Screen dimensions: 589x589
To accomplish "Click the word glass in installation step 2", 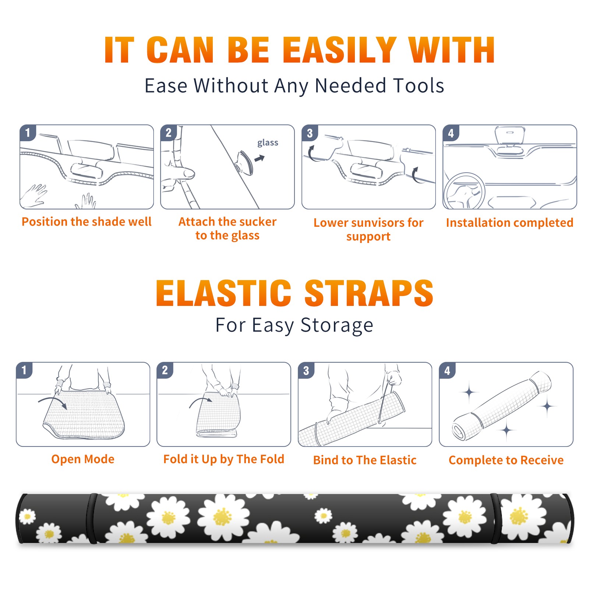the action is tap(268, 143).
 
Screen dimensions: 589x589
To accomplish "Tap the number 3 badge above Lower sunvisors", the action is tap(310, 133).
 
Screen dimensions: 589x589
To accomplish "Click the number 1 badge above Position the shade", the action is tap(28, 133).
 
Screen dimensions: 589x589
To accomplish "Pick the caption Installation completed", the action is tap(509, 223).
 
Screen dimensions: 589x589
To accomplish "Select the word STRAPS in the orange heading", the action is tap(369, 293).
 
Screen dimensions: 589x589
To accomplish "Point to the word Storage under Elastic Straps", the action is tap(337, 326).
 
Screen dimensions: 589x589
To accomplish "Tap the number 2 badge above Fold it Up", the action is tap(165, 370).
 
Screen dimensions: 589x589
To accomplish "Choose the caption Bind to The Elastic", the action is tap(365, 460).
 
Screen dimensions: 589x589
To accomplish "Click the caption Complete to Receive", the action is tap(506, 460).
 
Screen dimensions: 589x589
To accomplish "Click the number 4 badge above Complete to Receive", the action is tap(447, 370).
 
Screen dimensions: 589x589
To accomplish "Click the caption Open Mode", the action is tap(83, 459).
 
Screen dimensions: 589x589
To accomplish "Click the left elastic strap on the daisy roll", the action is tap(91, 519).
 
